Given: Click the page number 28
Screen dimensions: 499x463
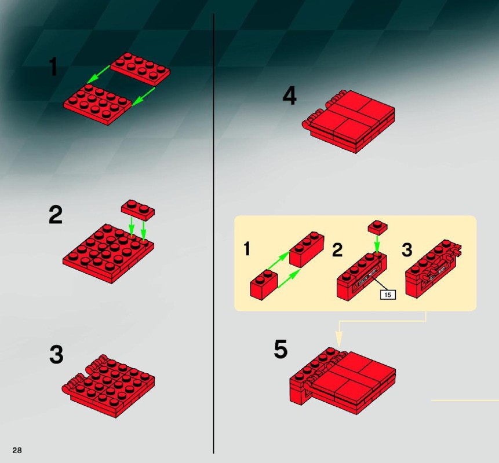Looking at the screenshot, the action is coord(17,450).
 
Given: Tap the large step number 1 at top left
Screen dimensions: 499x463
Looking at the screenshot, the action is coord(53,67).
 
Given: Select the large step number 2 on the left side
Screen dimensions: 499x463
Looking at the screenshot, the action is coord(56,215).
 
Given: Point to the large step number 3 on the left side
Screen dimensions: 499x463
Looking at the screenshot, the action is coord(56,354).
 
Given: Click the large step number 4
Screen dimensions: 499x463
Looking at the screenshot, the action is coord(290,96).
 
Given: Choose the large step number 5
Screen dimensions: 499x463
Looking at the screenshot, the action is coord(281,349).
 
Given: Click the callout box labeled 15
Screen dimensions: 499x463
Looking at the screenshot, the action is coord(388,295).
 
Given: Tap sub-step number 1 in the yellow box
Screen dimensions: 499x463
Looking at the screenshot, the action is coord(247,249).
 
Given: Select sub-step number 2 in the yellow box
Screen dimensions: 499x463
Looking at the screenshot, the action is coord(337,249).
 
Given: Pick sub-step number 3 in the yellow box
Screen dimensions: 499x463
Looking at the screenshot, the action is coord(407,249).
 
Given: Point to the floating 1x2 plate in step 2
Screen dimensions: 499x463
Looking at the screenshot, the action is coord(138,210).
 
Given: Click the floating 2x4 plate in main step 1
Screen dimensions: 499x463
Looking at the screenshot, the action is coord(140,69).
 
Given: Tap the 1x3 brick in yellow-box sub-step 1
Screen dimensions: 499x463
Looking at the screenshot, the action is coord(307,249).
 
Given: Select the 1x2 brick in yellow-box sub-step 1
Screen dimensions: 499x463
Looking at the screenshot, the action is coord(264,284).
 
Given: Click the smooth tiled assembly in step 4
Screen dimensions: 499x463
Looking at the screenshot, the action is coord(349,122).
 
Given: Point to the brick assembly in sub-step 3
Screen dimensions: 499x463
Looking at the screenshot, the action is coord(434,269).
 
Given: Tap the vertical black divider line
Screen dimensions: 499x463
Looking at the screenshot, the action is coord(213,234).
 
